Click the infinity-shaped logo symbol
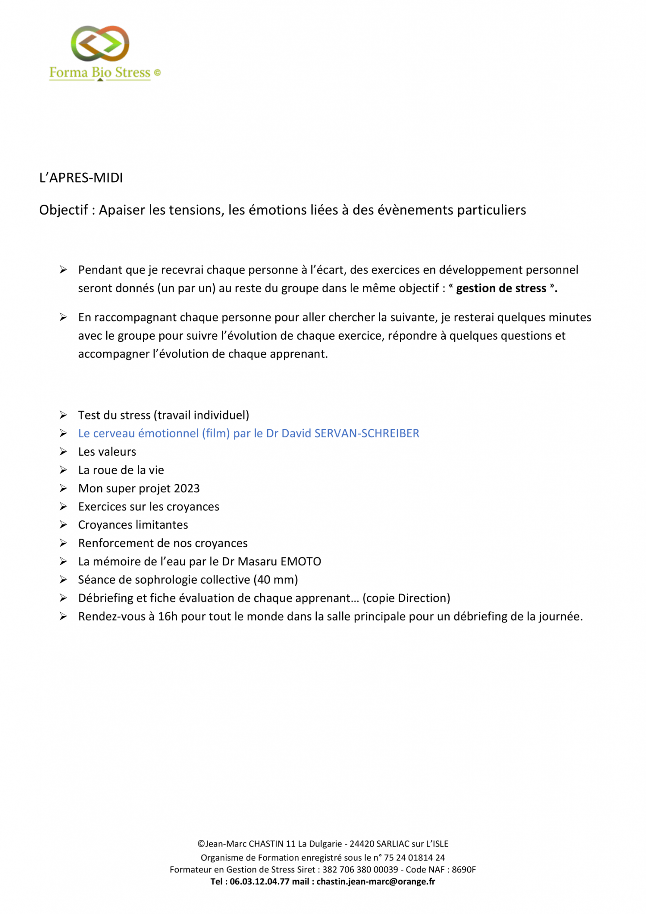pos(100,43)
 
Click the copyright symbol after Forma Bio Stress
pos(157,72)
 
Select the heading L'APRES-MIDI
pos(81,178)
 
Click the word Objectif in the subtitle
pos(63,210)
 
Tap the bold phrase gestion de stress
pos(501,288)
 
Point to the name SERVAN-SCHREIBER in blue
pos(367,433)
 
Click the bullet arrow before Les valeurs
pos(63,452)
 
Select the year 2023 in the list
pos(187,488)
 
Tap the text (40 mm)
pos(276,580)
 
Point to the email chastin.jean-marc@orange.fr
pos(376,881)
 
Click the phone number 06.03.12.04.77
pos(260,881)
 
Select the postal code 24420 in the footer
pos(362,844)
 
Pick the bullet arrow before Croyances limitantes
pos(63,525)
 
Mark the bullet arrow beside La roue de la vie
pos(63,470)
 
